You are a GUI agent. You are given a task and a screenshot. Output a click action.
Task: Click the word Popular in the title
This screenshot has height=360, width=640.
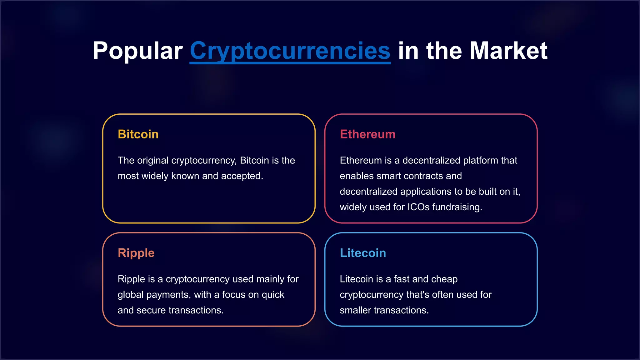coord(137,51)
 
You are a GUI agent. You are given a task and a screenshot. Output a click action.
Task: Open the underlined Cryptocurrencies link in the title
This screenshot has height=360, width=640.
coord(290,51)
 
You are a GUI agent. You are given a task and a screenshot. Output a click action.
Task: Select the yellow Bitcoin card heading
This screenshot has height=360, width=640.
coord(138,134)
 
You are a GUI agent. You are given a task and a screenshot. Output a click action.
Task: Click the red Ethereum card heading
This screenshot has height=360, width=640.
coord(367,134)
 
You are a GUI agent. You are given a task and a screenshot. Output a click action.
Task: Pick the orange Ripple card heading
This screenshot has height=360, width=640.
coord(136,253)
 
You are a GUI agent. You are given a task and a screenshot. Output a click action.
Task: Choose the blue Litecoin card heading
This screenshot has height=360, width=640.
coord(363,253)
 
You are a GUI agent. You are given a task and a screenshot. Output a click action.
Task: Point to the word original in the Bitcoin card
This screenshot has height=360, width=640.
coord(153,161)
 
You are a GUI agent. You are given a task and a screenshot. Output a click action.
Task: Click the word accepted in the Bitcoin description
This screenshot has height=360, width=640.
coord(242,176)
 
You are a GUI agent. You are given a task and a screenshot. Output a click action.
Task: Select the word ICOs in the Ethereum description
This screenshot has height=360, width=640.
coord(418,207)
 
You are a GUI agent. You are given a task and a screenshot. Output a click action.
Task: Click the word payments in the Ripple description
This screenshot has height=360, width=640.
coord(168,295)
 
